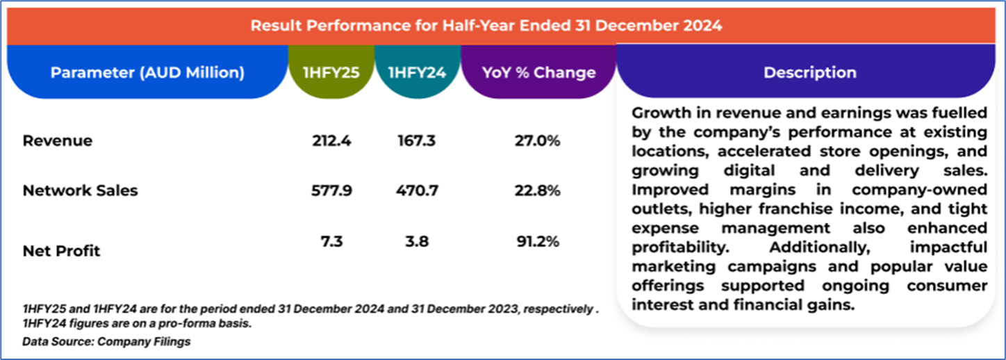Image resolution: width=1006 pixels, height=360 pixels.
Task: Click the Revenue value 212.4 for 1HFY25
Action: pos(332,141)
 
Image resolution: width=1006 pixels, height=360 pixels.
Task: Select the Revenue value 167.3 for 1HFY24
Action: pos(417,141)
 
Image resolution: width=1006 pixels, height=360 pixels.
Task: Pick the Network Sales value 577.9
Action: pos(332,190)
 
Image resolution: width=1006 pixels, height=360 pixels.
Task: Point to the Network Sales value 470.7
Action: pos(417,190)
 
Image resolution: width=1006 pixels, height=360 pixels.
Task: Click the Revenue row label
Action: pos(58,141)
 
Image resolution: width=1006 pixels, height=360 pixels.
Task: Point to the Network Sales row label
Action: pos(80,191)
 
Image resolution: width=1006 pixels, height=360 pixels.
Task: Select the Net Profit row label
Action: pos(62,250)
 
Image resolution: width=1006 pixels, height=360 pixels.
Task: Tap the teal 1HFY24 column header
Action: pos(417,72)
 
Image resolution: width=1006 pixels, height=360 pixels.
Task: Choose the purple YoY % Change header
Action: pos(539,72)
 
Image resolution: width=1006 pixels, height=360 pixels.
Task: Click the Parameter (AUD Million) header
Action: pos(147,72)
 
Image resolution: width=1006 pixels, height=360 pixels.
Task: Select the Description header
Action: pos(809,72)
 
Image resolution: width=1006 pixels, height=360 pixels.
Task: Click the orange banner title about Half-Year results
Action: pos(486,26)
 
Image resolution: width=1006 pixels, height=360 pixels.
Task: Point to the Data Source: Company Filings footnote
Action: pos(106,341)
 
